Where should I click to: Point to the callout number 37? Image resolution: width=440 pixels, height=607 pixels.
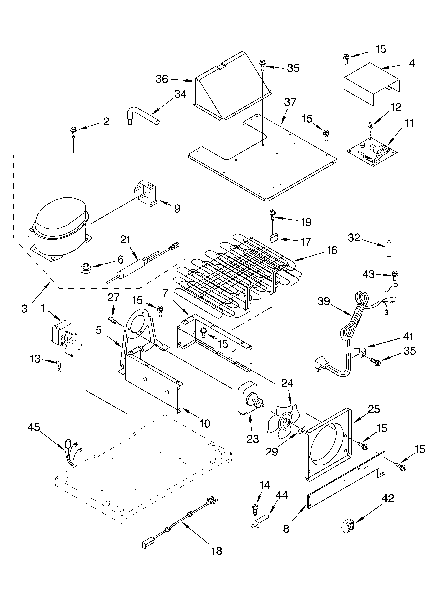coord(290,102)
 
